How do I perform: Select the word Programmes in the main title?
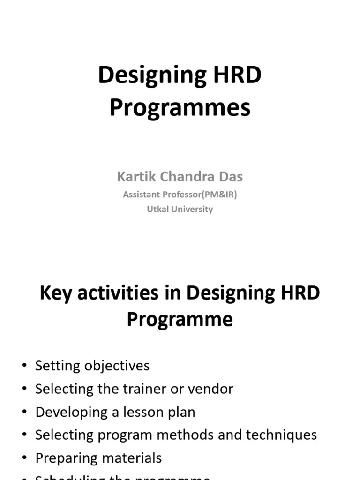(180, 108)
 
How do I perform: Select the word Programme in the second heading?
(180, 320)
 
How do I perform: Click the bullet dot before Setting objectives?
(24, 366)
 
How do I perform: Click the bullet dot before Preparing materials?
(24, 458)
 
